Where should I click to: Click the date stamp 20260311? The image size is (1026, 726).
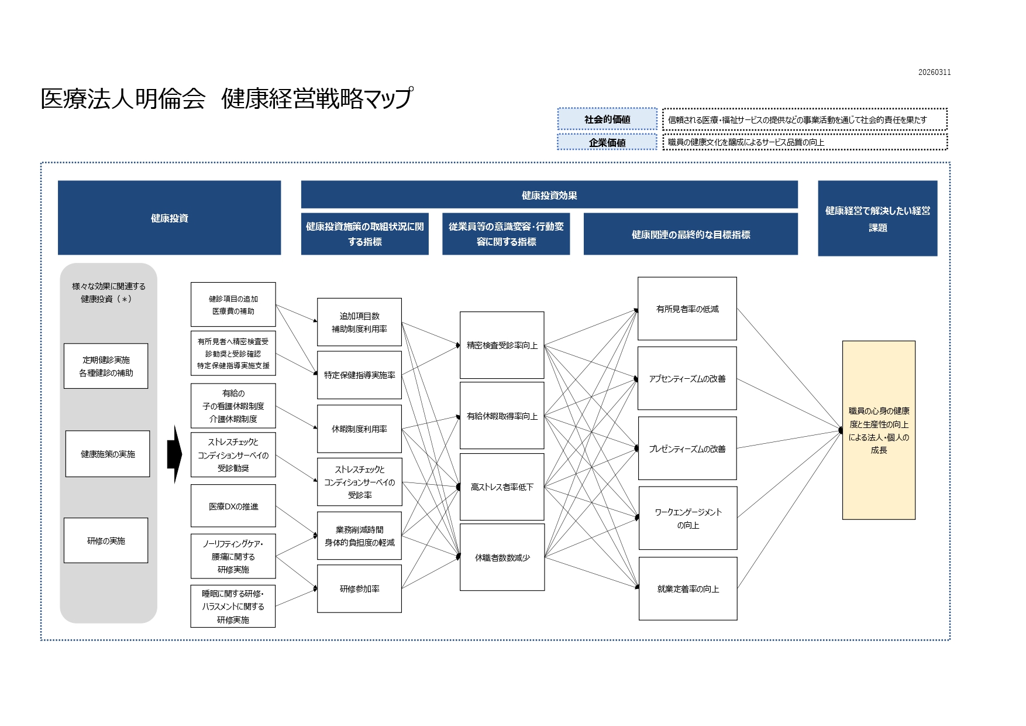coord(934,73)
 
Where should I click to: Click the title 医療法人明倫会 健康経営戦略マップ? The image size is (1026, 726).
coord(226,98)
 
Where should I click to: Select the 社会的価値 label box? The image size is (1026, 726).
coord(607,119)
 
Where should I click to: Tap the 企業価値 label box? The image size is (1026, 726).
coord(607,142)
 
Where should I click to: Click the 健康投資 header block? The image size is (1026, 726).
coord(169,218)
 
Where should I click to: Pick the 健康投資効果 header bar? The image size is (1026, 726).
coord(549,195)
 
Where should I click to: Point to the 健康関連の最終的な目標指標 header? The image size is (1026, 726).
coord(690,234)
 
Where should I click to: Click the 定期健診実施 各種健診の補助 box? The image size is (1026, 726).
coord(106,366)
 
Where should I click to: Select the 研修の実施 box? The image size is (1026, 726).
coord(106,540)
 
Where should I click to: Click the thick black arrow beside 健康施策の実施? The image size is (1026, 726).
coord(174,454)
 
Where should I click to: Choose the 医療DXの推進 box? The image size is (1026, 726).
coord(233,506)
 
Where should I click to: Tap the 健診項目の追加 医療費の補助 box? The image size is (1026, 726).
coord(233,304)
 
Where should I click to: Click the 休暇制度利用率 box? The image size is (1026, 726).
coord(359,429)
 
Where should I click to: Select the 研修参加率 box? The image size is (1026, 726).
coord(359,588)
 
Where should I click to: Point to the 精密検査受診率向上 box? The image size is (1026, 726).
coord(502,345)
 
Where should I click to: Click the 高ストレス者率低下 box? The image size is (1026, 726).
coord(502,487)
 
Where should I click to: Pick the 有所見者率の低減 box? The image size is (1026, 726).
coord(687,309)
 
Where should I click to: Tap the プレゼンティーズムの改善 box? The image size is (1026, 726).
coord(687,448)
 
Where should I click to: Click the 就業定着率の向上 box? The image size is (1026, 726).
coord(688,588)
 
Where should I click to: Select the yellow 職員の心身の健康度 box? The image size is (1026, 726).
coord(879,430)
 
